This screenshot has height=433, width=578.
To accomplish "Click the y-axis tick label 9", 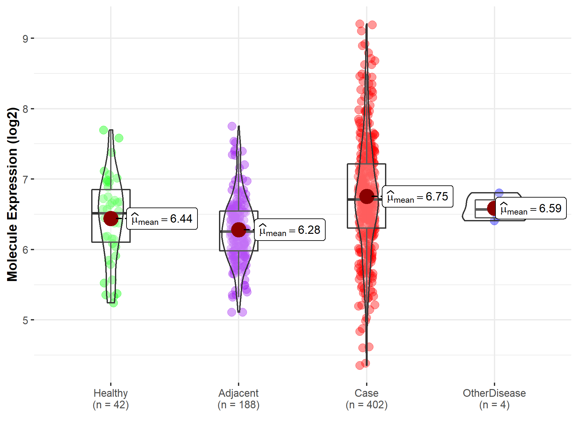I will click(x=25, y=39).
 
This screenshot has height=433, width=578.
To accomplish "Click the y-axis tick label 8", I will click(x=25, y=109).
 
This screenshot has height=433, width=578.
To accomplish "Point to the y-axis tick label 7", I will click(x=25, y=179).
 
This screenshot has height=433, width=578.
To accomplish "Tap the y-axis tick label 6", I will click(x=25, y=250).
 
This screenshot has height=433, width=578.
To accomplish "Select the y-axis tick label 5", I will click(x=25, y=320).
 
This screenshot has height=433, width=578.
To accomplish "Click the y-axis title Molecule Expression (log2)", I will click(x=12, y=194).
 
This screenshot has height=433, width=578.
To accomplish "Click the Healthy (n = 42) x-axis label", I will click(x=111, y=399).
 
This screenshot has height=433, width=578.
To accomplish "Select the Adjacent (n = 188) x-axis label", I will click(x=239, y=399).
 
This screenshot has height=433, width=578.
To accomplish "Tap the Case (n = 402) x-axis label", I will click(x=366, y=399).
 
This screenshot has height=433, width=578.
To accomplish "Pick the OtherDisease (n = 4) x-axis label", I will click(x=494, y=399).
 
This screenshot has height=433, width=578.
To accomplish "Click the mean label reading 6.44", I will click(x=162, y=219).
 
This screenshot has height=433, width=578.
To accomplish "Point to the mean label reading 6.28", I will click(x=290, y=230).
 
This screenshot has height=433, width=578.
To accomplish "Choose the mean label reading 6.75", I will click(x=417, y=197).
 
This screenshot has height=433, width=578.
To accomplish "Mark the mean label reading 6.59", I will click(x=531, y=208).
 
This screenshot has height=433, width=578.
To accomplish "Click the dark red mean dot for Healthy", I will click(x=111, y=218).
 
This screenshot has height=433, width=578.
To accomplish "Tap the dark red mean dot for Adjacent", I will click(x=239, y=230).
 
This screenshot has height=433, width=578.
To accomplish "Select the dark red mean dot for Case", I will click(x=366, y=196).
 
